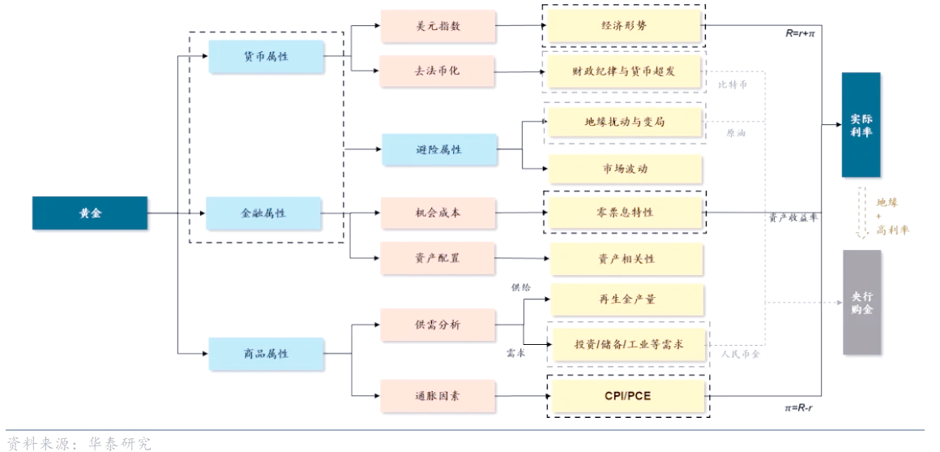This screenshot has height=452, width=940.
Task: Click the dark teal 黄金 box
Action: (90, 213)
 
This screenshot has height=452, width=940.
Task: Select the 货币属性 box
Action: (266, 56)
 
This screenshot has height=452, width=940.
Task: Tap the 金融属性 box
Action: (263, 213)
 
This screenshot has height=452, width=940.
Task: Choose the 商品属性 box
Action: (266, 354)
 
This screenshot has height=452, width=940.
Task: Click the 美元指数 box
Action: (438, 26)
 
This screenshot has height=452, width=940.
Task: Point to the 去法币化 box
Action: (438, 71)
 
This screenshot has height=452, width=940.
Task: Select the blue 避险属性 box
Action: (439, 150)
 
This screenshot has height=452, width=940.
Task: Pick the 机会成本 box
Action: (438, 213)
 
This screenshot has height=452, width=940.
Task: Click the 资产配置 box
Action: (438, 258)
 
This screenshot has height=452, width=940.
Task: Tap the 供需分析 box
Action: (438, 325)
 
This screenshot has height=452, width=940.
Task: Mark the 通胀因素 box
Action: (438, 396)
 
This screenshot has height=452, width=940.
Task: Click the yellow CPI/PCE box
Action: (627, 396)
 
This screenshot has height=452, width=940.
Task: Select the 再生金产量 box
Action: (627, 299)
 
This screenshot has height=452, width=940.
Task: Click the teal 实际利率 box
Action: (861, 125)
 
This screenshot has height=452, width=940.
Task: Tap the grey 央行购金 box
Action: (861, 303)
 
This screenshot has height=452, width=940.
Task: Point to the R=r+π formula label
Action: (799, 34)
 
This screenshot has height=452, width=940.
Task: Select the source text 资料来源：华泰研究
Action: (79, 443)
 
